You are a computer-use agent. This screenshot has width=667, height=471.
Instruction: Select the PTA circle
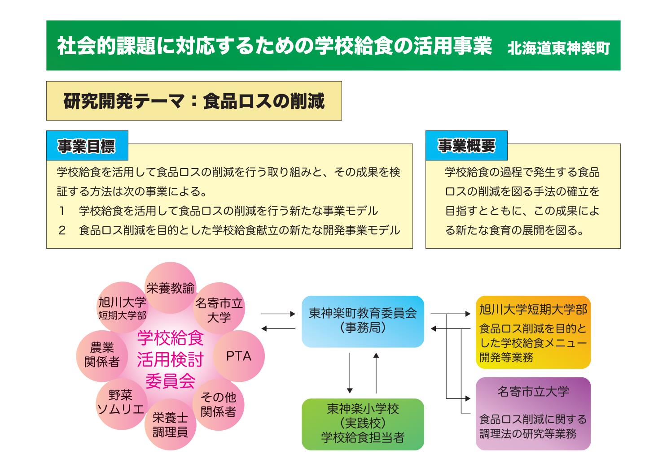[238, 356]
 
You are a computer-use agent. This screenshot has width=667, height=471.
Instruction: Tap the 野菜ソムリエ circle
[121, 402]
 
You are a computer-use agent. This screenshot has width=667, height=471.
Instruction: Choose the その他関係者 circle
[218, 404]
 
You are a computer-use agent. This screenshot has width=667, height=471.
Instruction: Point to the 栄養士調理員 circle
[170, 425]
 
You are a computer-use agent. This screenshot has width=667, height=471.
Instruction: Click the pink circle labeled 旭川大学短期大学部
[122, 307]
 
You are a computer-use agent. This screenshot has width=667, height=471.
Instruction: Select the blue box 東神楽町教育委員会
[363, 321]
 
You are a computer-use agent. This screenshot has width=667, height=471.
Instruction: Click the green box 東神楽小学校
[363, 423]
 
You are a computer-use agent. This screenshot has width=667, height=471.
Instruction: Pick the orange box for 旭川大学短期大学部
[533, 332]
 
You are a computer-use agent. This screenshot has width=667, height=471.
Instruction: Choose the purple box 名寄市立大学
[533, 413]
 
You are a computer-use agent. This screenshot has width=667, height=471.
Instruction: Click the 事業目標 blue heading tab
[87, 146]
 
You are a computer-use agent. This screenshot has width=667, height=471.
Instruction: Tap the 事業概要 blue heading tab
[466, 146]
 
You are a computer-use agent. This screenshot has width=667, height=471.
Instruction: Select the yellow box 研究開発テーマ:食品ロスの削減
[194, 101]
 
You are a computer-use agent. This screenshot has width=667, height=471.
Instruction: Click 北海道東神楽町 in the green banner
[559, 48]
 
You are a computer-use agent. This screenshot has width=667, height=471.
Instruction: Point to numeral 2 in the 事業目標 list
[62, 230]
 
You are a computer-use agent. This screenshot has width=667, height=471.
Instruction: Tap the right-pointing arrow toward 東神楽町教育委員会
[278, 314]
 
